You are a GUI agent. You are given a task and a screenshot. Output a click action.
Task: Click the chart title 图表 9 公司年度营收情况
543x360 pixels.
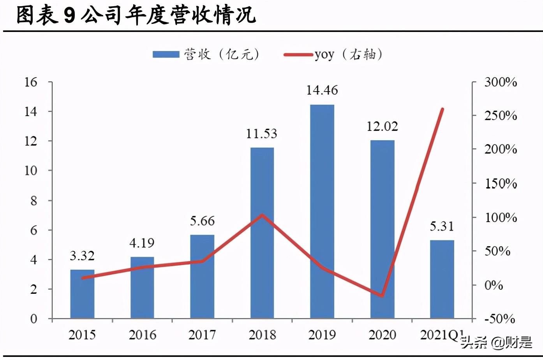pos(136,15)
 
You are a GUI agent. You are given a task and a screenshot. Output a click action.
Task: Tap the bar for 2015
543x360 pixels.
pos(82,294)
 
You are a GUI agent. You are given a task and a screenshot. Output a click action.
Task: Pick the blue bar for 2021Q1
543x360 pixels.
pos(442,279)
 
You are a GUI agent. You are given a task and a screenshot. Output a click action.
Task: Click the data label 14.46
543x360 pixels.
pos(322,90)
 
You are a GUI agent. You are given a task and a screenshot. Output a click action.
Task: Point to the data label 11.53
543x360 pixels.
pos(262,134)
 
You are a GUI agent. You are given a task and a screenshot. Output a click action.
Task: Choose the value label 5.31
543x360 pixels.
pos(442,226)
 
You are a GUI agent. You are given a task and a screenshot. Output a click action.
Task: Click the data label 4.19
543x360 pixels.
pos(142,243)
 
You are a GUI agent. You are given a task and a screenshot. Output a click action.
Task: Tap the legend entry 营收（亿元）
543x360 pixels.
pos(206,54)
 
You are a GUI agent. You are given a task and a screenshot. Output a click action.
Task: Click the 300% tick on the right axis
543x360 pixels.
pos(501,82)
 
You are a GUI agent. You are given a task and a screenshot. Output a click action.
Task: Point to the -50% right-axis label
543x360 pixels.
pos(500,319)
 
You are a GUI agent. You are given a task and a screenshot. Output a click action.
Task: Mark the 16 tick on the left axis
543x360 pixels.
pos(31,82)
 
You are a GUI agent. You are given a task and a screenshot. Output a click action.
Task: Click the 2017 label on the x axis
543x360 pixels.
pos(202,335)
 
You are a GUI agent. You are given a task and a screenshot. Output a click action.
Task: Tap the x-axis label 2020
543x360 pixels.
pos(383,335)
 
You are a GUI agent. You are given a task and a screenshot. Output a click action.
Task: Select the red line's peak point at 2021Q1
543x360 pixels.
pos(443,109)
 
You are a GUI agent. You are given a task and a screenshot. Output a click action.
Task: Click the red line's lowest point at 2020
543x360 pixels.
pos(383,296)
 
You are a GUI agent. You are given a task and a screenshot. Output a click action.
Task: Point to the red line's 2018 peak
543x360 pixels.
pos(262,215)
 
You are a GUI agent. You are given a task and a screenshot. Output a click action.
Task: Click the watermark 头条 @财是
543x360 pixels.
pos(497,342)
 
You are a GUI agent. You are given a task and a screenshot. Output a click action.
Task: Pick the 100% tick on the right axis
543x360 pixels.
pos(501,217)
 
